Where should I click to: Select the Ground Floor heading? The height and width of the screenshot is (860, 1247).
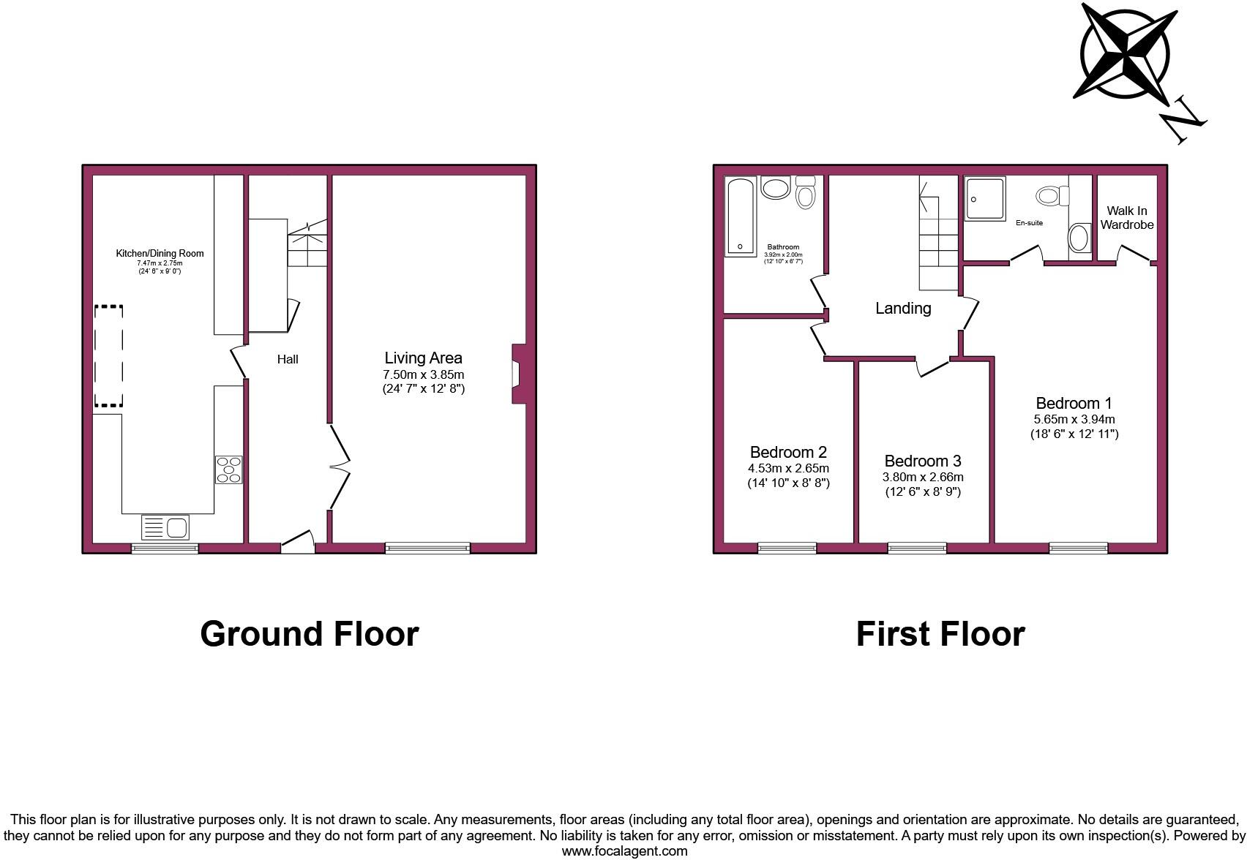click(x=309, y=633)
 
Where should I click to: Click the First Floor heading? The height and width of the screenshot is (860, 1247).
click(x=940, y=633)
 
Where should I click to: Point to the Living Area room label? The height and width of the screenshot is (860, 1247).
click(x=423, y=358)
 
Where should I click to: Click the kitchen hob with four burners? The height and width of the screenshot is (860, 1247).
click(x=228, y=469)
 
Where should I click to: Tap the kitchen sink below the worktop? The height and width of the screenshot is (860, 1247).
click(x=165, y=527)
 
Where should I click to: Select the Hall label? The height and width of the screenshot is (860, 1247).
click(x=288, y=360)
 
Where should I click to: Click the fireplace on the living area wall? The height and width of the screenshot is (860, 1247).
click(x=518, y=374)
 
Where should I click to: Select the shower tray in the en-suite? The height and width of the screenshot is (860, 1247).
click(x=984, y=198)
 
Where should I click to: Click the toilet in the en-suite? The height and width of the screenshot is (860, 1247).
click(x=1052, y=195)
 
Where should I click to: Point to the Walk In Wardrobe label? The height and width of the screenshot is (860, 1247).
click(x=1127, y=218)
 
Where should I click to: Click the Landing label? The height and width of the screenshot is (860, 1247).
click(x=903, y=309)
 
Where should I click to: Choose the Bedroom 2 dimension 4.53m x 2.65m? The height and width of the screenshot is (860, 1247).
click(x=788, y=469)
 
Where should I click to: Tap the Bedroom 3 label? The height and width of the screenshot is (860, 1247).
click(x=922, y=461)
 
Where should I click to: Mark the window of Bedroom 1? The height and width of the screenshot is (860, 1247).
click(x=1078, y=547)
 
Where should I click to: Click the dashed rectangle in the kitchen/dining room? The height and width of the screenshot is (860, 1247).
click(x=108, y=356)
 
